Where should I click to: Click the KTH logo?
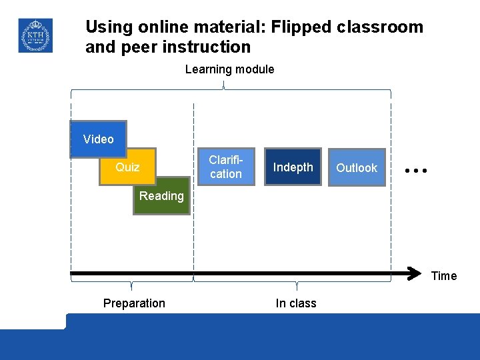pos(35,35)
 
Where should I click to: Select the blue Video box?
pos(99,139)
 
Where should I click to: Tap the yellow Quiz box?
pos(127,167)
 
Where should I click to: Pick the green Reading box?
pos(161,195)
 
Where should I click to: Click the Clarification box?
pos(225,167)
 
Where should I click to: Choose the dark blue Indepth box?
pos(293,167)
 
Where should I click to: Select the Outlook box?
pos(357,167)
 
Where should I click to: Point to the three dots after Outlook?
pos(416,171)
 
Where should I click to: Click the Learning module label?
pos(229,69)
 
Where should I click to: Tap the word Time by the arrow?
pos(444,276)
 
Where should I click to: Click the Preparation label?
pos(134,303)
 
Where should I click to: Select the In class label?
pos(296,303)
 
